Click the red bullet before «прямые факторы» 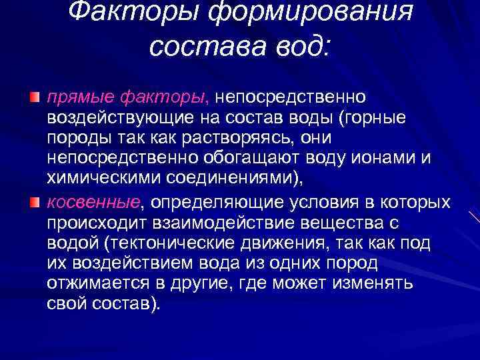tap(35, 98)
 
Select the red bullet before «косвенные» tap(35, 202)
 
